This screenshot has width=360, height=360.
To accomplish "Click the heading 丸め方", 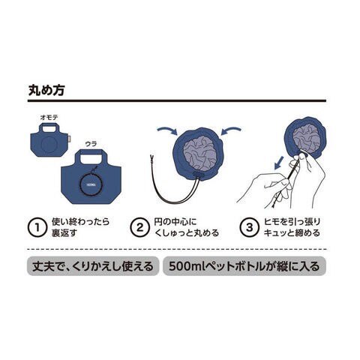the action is pyautogui.click(x=46, y=90).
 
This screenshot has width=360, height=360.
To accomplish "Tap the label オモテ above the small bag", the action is pyautogui.click(x=49, y=118).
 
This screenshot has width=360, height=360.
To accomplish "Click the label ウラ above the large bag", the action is pyautogui.click(x=91, y=144).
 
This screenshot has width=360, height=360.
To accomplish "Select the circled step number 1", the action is pyautogui.click(x=37, y=227).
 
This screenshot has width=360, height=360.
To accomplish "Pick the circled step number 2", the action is pyautogui.click(x=139, y=227).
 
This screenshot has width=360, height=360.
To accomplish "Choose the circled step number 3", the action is pyautogui.click(x=249, y=227).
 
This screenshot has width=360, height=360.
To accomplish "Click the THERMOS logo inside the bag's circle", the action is pyautogui.click(x=91, y=185).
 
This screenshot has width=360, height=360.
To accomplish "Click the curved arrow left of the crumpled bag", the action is pyautogui.click(x=167, y=130).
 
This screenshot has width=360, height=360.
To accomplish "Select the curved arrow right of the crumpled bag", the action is pyautogui.click(x=232, y=130).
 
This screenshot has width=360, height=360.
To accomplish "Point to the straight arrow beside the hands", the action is pyautogui.click(x=279, y=163).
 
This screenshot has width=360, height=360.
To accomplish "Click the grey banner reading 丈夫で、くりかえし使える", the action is pyautogui.click(x=93, y=266).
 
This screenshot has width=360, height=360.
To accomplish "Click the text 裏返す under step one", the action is pyautogui.click(x=64, y=233).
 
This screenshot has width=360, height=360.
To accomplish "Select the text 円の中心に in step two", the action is pyautogui.click(x=175, y=222).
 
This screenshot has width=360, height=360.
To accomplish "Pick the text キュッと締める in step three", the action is pyautogui.click(x=292, y=233).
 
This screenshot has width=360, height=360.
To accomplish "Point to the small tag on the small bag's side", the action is pyautogui.click(x=70, y=138).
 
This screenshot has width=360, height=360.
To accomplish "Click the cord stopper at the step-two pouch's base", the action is pyautogui.click(x=198, y=175).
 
